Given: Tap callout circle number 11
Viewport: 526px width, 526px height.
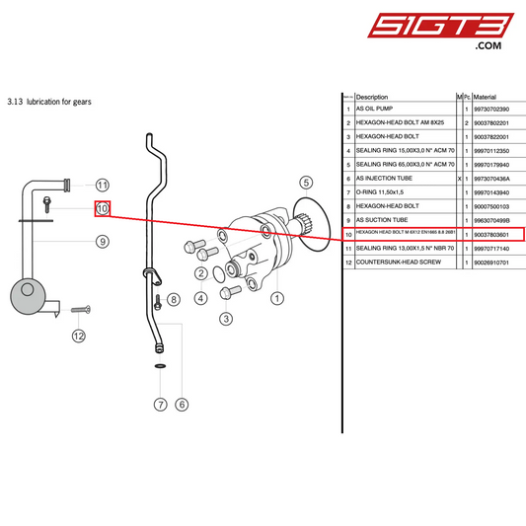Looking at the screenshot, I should coord(102,185).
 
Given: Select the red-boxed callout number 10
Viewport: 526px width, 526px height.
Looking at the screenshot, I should coord(102,209).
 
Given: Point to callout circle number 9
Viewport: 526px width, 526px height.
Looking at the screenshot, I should coord(102,241).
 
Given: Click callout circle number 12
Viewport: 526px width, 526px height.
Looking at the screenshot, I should coord(79,336).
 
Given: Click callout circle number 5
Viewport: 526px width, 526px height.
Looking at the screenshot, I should coord(306,182).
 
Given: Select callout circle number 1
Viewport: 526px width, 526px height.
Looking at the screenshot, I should coord(277,296).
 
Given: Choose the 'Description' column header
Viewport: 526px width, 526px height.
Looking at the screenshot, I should coord(372,97).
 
